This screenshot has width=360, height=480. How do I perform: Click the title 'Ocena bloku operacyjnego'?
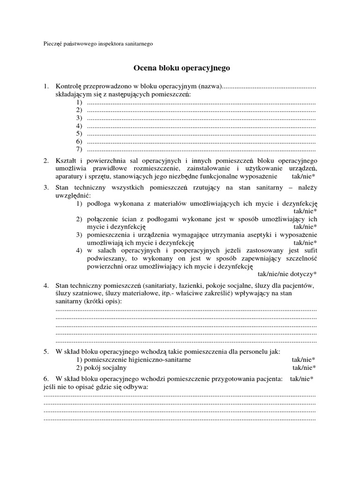tap(182, 68)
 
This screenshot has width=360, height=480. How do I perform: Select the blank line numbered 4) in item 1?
tap(202, 126)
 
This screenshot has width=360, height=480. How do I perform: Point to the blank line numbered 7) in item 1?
tap(202, 149)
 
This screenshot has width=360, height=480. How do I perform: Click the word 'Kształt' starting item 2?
tap(65, 160)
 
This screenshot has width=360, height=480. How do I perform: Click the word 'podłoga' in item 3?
tap(99, 203)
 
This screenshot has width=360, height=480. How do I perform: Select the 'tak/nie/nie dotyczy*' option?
tap(288, 273)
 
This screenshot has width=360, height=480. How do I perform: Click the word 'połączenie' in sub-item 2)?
tap(103, 219)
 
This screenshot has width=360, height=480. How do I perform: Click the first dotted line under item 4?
tap(186, 309)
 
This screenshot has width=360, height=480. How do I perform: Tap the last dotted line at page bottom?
tap(180, 418)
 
